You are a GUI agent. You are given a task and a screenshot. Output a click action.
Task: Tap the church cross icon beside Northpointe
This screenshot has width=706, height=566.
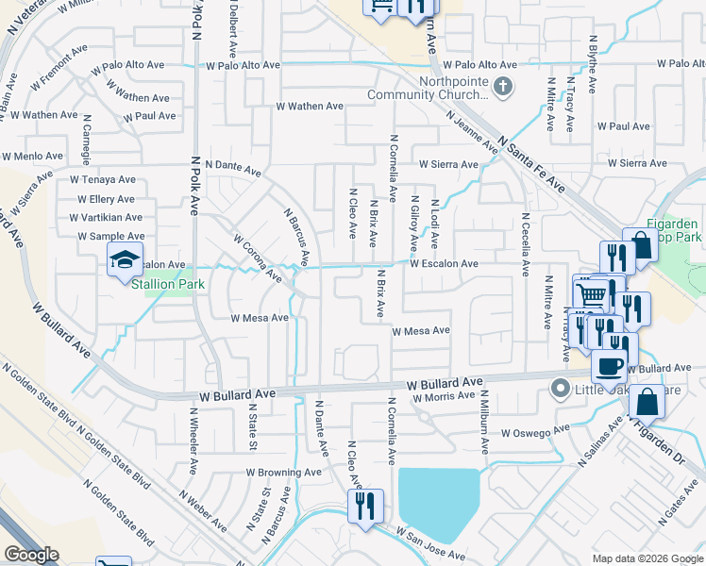(504, 88)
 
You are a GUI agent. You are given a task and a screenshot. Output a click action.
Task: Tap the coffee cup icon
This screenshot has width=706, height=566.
(609, 364)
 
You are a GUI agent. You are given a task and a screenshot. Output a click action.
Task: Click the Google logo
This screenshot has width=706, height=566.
(30, 555)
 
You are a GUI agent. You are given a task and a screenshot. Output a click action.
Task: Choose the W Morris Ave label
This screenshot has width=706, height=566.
(450, 397)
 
